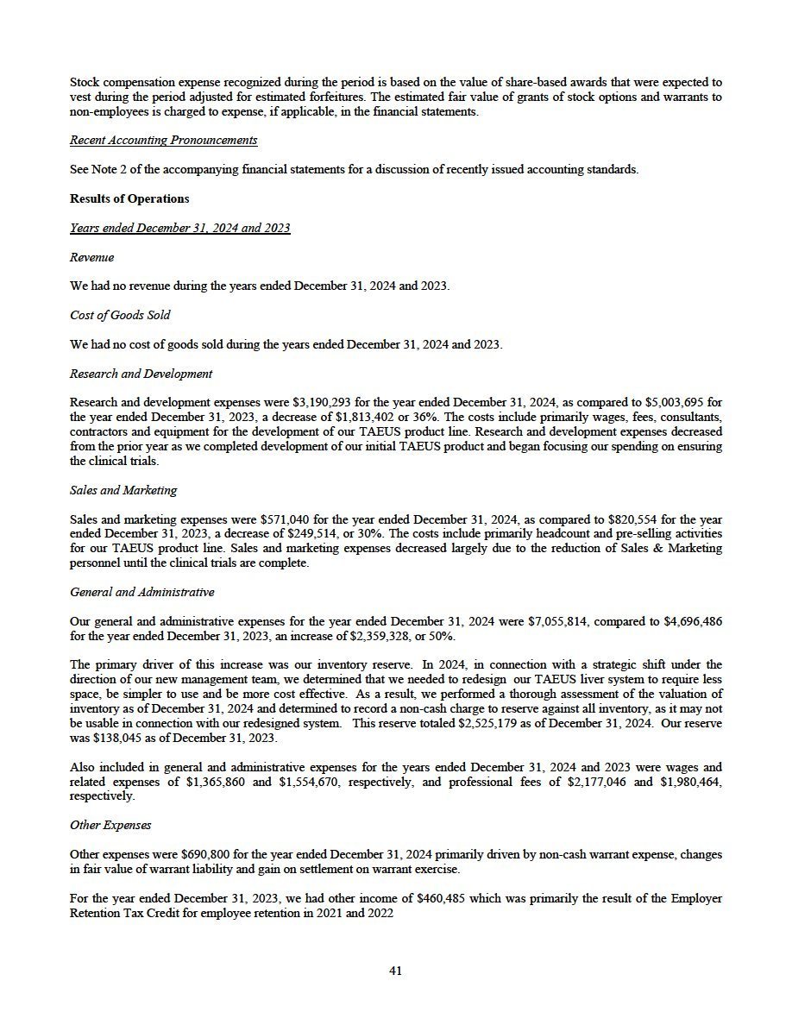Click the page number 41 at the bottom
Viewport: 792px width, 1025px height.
(x=395, y=971)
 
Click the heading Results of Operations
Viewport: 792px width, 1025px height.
(x=129, y=198)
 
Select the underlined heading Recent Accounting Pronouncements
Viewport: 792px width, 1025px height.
(x=163, y=140)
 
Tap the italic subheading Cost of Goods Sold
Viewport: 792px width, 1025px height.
(x=120, y=315)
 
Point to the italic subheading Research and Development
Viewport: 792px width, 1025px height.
(x=141, y=374)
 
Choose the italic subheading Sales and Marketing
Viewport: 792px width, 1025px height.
(x=123, y=490)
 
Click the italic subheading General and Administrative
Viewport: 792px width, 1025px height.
(x=141, y=592)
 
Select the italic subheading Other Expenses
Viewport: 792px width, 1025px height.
(x=110, y=825)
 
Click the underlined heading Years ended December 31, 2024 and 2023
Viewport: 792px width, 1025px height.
(x=179, y=228)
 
